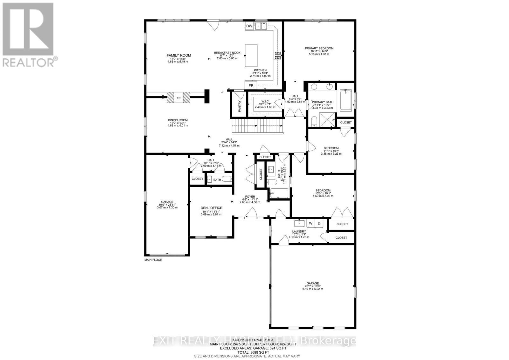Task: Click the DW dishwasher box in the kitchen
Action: [249, 26]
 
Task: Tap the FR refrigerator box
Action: [251, 86]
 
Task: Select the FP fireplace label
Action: [178, 98]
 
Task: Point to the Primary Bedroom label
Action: [319, 48]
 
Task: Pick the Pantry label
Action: [240, 106]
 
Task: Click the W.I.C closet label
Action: [265, 101]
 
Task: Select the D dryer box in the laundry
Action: [319, 223]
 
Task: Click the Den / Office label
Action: [211, 208]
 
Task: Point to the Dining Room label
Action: [178, 120]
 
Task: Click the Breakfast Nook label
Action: [227, 53]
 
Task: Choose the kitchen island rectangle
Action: [251, 55]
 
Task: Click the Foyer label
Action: [250, 197]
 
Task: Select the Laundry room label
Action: [299, 231]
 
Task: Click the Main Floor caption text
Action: [153, 260]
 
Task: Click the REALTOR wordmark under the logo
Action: [29, 62]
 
